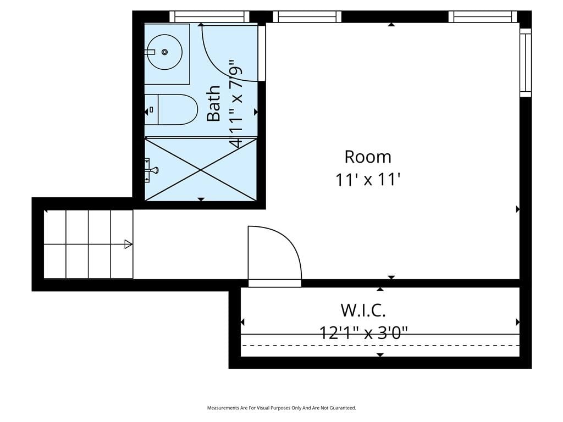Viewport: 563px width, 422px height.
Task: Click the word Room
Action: (368, 157)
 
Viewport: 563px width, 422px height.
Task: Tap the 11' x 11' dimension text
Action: (368, 180)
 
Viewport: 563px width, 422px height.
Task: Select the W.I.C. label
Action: (363, 310)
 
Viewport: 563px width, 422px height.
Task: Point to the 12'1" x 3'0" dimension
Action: (363, 332)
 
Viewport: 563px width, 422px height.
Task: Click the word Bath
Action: (214, 103)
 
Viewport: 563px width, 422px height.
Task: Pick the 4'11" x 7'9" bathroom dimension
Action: (236, 104)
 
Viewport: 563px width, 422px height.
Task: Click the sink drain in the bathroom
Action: (164, 52)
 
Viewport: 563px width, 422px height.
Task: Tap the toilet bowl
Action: (178, 109)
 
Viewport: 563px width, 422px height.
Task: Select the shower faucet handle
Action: (154, 170)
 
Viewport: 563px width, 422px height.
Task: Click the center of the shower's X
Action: (201, 169)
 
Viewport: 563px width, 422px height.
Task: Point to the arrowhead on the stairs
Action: (128, 244)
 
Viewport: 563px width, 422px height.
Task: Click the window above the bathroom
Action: (209, 16)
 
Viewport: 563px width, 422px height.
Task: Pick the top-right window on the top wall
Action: (483, 16)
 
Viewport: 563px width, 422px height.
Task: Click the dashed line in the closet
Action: (380, 346)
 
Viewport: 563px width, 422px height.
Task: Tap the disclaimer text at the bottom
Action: (281, 408)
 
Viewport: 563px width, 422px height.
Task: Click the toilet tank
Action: (152, 109)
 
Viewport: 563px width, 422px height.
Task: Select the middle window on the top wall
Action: (307, 16)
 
